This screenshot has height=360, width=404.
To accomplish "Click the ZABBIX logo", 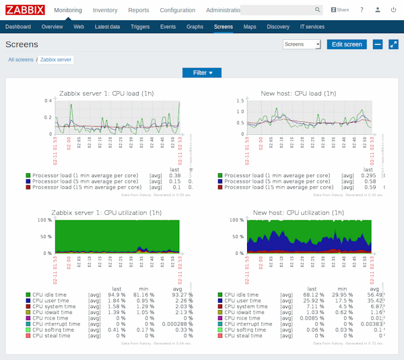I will [x=25, y=10].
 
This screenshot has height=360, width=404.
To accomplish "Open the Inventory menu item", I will [x=104, y=10].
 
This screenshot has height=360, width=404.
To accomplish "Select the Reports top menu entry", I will [x=139, y=10].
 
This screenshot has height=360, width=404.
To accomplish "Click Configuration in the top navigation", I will [x=178, y=10].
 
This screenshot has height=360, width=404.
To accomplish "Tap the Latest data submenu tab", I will [x=108, y=26].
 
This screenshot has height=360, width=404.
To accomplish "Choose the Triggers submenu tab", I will [x=140, y=26].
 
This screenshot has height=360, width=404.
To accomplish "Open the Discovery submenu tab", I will [x=278, y=26].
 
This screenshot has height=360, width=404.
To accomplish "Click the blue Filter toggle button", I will [x=202, y=72].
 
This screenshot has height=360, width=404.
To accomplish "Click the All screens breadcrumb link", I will [x=21, y=59].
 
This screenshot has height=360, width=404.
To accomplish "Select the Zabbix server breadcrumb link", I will [x=56, y=59].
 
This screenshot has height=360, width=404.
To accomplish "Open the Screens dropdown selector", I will [x=302, y=44].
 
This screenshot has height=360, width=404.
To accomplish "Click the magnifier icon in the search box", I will [x=318, y=10].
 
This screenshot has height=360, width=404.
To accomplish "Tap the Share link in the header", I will [x=340, y=10].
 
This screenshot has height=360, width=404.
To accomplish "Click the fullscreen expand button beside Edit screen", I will [x=393, y=44].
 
